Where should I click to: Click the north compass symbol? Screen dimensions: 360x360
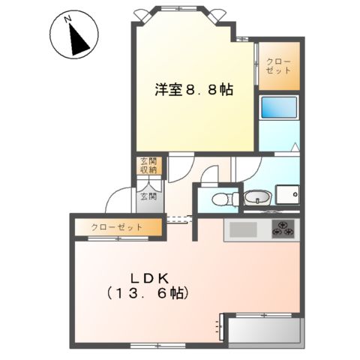tap(72, 35)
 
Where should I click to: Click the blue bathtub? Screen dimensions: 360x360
tap(279, 106)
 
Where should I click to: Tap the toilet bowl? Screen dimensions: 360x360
tap(220, 199)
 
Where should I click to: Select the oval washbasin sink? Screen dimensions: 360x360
tap(256, 198)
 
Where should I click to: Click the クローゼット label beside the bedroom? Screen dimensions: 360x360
tap(281, 65)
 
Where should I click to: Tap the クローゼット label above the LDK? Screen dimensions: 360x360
tap(117, 226)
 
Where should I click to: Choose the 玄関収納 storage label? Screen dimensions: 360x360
tap(147, 165)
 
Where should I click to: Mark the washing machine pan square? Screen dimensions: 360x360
tap(288, 194)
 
